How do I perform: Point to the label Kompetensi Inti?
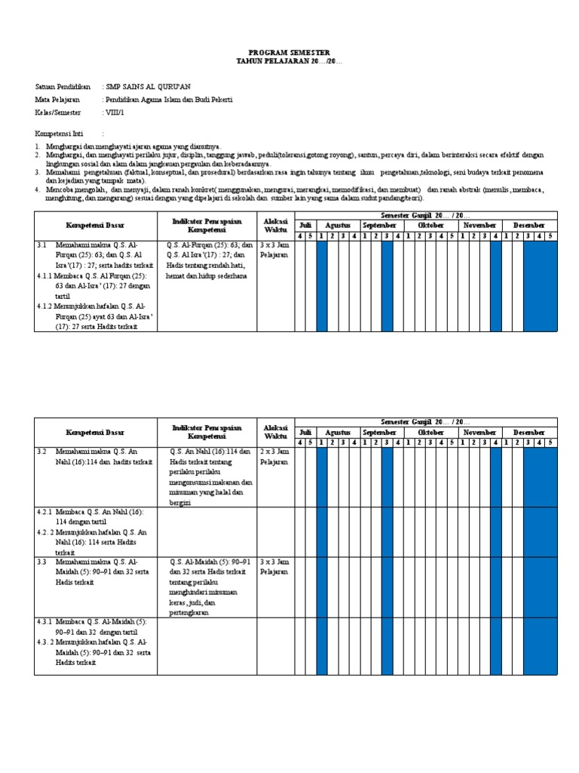(x=61, y=133)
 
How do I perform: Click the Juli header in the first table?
(x=305, y=226)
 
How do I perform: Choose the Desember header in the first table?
(x=529, y=226)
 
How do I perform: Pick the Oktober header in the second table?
(x=430, y=432)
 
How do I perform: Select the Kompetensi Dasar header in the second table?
(x=96, y=433)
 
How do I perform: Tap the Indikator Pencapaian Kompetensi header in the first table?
(x=206, y=223)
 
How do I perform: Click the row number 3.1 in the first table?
(x=42, y=245)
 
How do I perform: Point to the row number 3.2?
(x=42, y=451)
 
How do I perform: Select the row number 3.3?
(x=42, y=562)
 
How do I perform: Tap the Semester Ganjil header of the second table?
(x=425, y=422)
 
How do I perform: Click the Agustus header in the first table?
(x=338, y=226)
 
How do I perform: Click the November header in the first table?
(x=479, y=226)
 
